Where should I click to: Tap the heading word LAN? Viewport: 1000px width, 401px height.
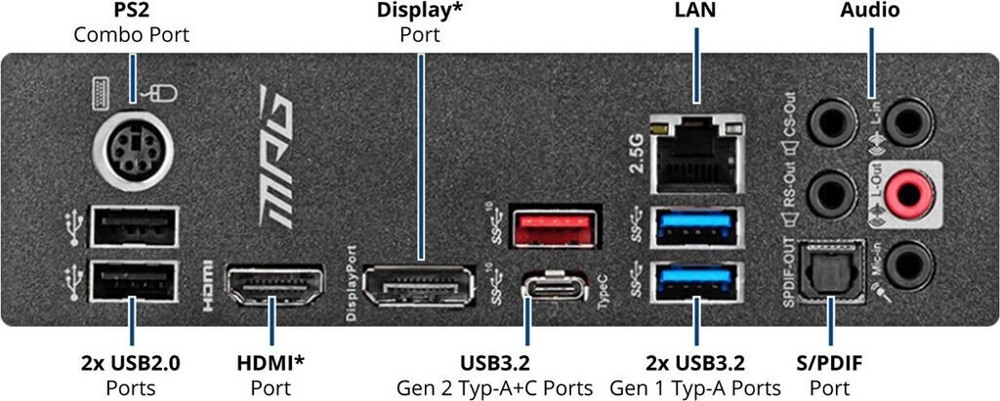point(695,12)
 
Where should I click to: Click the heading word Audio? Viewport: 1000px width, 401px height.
point(869,12)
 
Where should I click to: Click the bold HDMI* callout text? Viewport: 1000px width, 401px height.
point(271,364)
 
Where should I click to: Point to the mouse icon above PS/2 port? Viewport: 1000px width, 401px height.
point(163,95)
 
